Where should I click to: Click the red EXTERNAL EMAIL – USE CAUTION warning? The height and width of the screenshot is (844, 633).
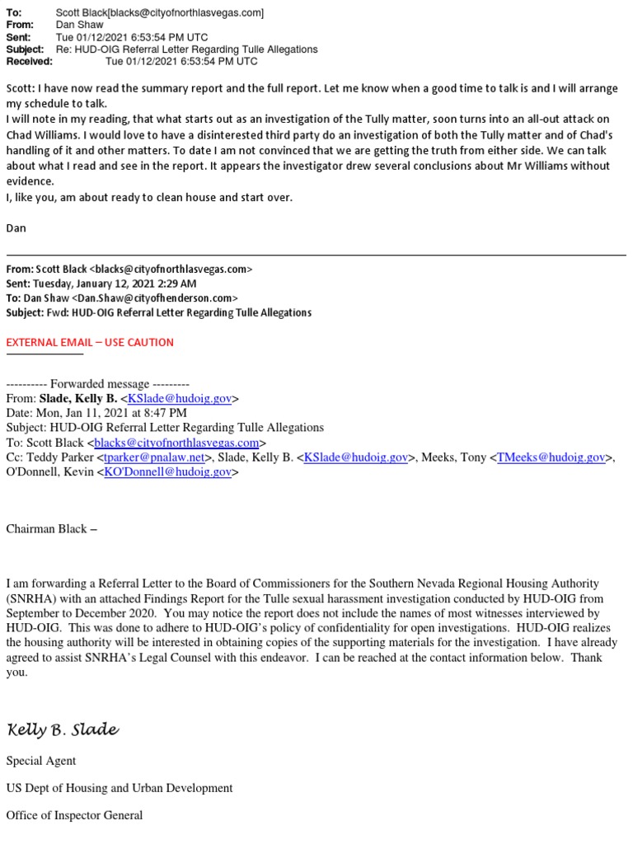click(x=90, y=342)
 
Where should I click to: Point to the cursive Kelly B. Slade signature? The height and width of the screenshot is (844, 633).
click(x=63, y=730)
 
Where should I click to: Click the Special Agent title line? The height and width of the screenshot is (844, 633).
click(x=41, y=761)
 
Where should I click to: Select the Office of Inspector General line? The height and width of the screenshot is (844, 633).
click(x=74, y=815)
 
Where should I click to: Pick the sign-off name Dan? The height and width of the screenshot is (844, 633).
click(x=16, y=227)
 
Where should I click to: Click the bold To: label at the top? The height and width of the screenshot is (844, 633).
click(x=14, y=13)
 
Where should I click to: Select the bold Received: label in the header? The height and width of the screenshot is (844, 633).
click(x=30, y=61)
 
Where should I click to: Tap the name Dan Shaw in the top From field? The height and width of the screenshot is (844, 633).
click(x=79, y=26)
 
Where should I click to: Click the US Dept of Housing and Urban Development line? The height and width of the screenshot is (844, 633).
click(x=120, y=788)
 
